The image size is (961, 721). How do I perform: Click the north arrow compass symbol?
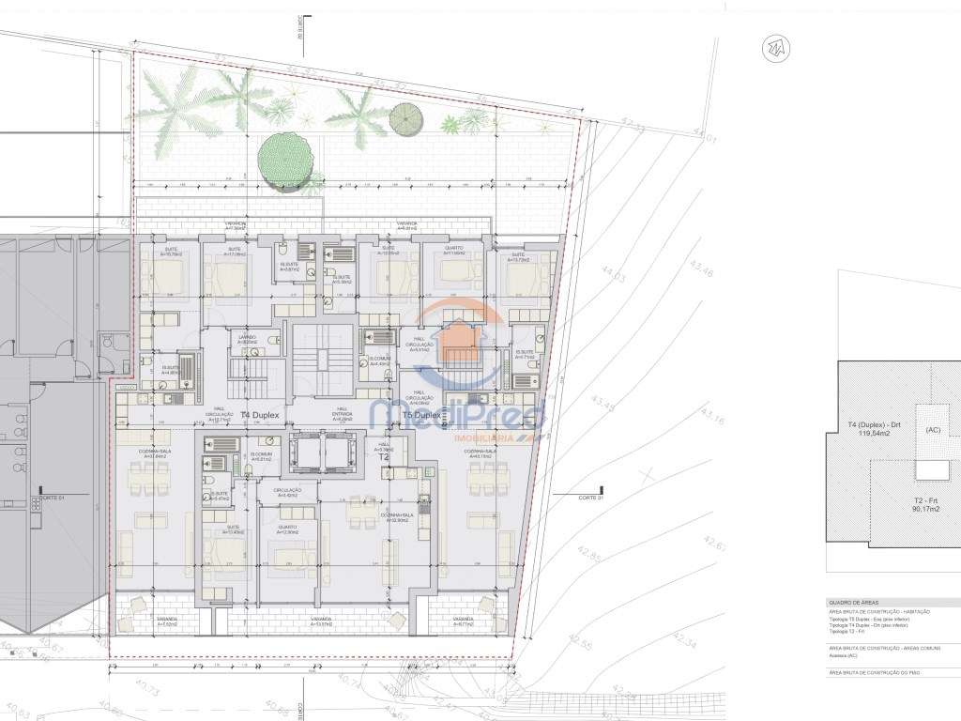coord(777,47)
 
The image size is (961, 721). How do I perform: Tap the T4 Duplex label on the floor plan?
coord(258,414)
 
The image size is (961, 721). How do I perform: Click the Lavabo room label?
coord(247,339)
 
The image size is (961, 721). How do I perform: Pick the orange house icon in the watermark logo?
coord(458,343)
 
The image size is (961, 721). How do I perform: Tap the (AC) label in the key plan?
coord(933,429)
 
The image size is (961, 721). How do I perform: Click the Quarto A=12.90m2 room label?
coord(285,530)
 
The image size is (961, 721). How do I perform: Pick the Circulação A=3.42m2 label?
coord(287,492)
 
